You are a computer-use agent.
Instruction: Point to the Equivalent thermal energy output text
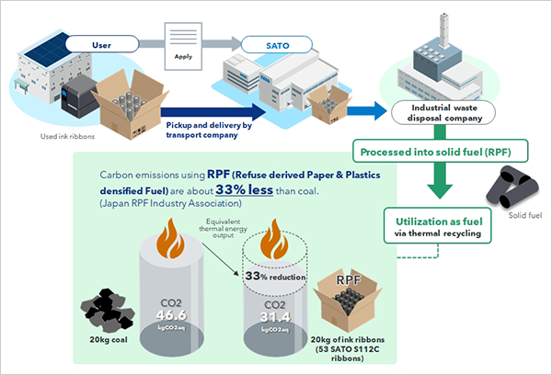coord(220,226)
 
